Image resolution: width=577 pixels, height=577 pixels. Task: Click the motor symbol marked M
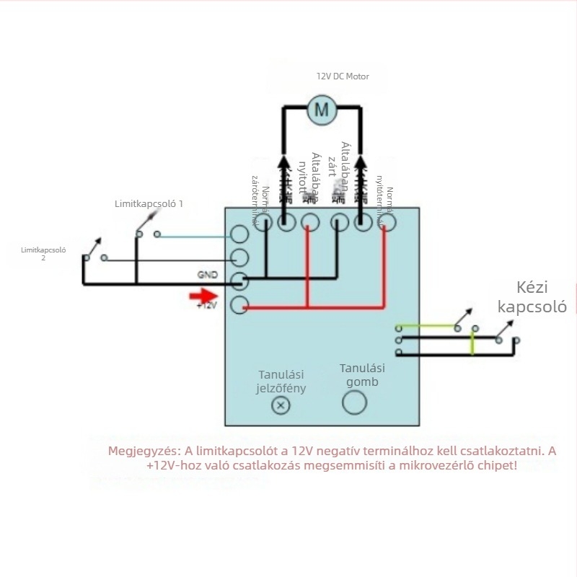[x=322, y=110]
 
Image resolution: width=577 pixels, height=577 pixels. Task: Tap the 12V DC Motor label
[x=343, y=76]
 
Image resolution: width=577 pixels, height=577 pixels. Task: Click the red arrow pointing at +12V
[x=204, y=295]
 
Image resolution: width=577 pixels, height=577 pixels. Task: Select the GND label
[x=207, y=275]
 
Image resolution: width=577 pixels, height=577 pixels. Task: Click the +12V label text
[x=206, y=306]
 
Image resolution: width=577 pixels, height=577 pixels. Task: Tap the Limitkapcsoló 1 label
[x=149, y=204]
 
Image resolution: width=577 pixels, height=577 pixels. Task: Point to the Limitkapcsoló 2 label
[x=43, y=253]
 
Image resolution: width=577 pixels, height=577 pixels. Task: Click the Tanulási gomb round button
[x=354, y=402]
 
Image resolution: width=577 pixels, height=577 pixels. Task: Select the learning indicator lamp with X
[x=281, y=406]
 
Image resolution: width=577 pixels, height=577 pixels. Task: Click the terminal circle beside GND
[x=239, y=281]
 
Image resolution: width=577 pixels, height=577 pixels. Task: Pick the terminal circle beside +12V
[x=239, y=306]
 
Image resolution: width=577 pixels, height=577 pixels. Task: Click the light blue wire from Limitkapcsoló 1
[x=195, y=235]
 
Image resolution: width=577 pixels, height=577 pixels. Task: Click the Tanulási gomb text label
[x=358, y=375]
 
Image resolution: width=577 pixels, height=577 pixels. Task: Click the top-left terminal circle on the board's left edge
[x=239, y=234]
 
